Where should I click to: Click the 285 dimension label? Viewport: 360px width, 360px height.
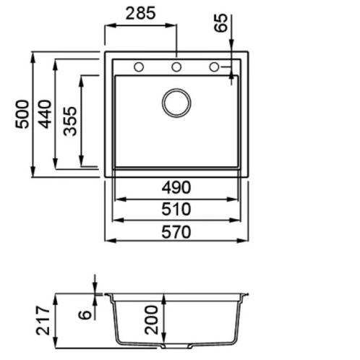(x=140, y=13)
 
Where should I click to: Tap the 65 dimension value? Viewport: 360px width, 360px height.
(x=220, y=23)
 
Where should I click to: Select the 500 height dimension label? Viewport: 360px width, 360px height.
(x=22, y=114)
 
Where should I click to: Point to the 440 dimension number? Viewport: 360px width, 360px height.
(x=45, y=114)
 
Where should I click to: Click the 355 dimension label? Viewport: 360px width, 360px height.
(x=70, y=121)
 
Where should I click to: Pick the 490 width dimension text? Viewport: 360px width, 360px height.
(x=176, y=187)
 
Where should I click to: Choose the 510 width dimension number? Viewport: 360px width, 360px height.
(x=176, y=209)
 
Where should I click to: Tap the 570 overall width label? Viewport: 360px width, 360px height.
(x=176, y=232)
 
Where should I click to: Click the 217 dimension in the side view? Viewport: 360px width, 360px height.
(x=43, y=321)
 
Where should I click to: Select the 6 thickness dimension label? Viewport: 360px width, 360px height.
(x=85, y=314)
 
